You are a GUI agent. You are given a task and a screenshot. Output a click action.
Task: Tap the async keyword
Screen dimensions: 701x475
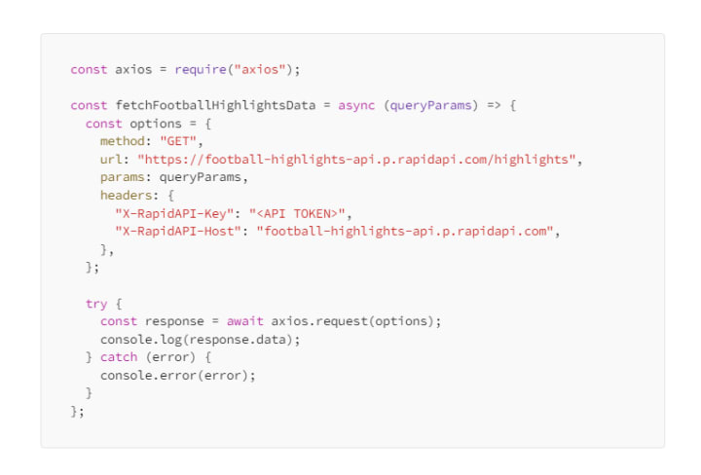coord(356,105)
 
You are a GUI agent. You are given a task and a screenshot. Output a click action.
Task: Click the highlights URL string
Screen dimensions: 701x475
coord(358,160)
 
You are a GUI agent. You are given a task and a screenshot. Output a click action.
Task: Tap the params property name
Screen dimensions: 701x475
coord(122,177)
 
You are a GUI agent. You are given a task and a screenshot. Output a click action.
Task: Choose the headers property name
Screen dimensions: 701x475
coord(126,195)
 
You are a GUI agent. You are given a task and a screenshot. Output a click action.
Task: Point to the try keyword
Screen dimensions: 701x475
coord(95,304)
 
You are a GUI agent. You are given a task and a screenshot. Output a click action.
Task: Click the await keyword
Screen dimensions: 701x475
coord(244,321)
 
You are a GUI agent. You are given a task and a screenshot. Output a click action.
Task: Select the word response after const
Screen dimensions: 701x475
coord(174,321)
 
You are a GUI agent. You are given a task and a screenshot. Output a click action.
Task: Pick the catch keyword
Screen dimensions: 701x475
coord(119,357)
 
